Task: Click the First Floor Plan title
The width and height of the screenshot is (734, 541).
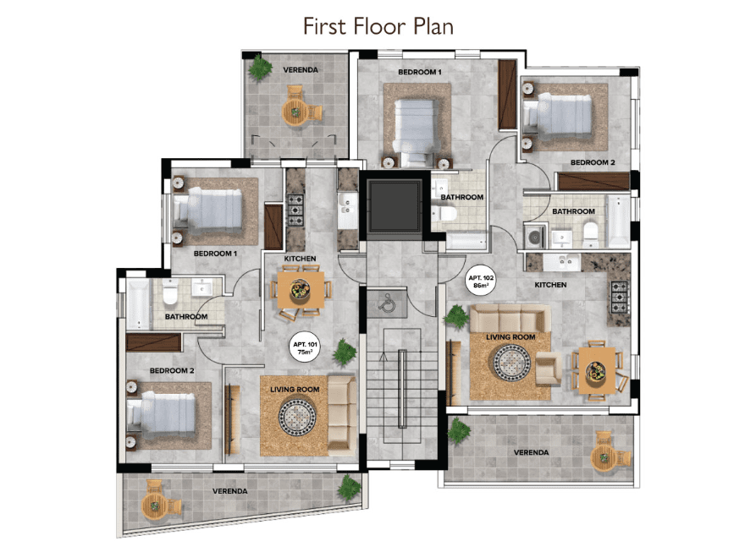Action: click(x=378, y=26)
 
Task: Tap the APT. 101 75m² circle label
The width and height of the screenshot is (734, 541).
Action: click(x=306, y=348)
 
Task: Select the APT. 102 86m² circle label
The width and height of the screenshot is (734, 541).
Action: click(x=481, y=281)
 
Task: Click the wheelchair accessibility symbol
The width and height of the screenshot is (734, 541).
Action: click(x=388, y=303)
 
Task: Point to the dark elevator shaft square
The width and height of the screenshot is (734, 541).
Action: click(x=395, y=206)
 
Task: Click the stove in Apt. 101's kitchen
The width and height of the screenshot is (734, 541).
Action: click(x=295, y=210)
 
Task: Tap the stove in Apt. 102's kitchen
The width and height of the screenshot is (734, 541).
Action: click(x=620, y=297)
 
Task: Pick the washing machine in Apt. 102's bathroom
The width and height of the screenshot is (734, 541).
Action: click(x=534, y=237)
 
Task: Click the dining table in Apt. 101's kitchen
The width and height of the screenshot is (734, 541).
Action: click(x=301, y=290)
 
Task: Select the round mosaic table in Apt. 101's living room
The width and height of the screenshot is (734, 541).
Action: click(x=297, y=417)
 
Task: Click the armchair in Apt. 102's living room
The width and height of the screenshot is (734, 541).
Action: click(x=548, y=369)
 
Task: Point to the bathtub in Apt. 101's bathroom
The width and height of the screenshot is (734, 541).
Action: click(x=138, y=304)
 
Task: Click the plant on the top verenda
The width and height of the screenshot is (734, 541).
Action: click(x=260, y=68)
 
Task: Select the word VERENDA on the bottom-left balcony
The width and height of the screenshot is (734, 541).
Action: click(x=229, y=491)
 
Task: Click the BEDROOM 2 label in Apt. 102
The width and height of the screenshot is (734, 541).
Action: click(x=592, y=162)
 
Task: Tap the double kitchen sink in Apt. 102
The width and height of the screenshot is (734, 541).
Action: click(x=561, y=262)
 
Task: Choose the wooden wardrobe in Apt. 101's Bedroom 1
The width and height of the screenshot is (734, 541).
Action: click(x=273, y=227)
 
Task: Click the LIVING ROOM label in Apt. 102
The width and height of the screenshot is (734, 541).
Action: click(x=510, y=336)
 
